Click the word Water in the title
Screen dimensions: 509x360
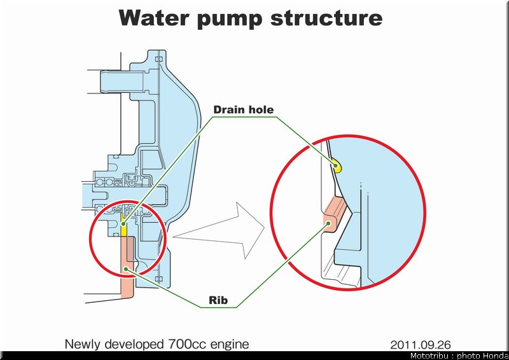pyautogui.click(x=153, y=18)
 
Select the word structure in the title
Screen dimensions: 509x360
pyautogui.click(x=326, y=18)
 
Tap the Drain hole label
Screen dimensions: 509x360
pyautogui.click(x=244, y=110)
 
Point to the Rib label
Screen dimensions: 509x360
pyautogui.click(x=218, y=300)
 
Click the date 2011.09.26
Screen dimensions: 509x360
pyautogui.click(x=421, y=345)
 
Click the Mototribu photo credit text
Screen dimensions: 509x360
pyautogui.click(x=459, y=356)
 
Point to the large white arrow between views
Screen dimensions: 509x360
pyautogui.click(x=219, y=230)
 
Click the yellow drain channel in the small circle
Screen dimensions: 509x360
pyautogui.click(x=123, y=225)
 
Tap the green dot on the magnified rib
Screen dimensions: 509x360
pyautogui.click(x=328, y=223)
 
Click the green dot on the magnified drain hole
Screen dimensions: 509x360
pyautogui.click(x=337, y=165)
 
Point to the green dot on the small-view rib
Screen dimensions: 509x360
pyautogui.click(x=126, y=269)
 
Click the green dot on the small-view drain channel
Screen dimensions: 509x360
pyautogui.click(x=123, y=224)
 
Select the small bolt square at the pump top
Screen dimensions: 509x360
pyautogui.click(x=158, y=59)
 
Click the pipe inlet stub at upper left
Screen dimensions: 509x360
pyautogui.click(x=122, y=81)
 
